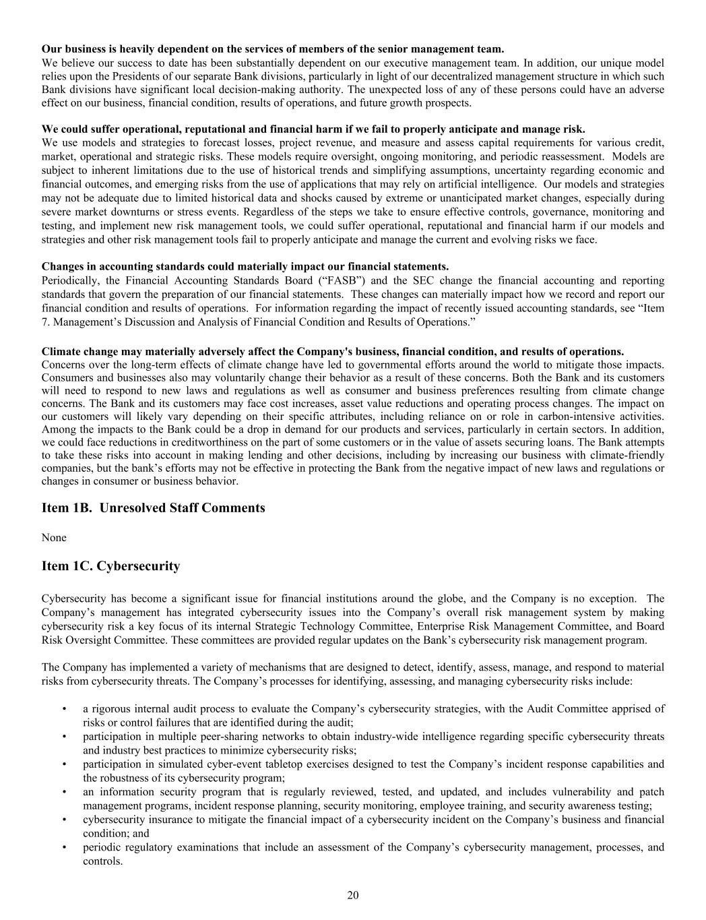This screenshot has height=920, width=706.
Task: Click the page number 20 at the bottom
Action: [x=353, y=895]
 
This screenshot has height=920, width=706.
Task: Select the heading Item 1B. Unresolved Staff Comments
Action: [x=153, y=508]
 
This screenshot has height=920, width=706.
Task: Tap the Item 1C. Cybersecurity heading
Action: [x=110, y=566]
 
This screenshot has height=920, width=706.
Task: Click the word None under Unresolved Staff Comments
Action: [x=54, y=537]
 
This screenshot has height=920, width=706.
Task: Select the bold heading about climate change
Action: [x=332, y=351]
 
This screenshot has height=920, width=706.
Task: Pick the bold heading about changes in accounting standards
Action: [x=245, y=266]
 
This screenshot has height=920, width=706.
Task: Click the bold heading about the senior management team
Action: [x=272, y=49]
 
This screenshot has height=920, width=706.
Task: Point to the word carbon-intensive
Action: [x=574, y=416]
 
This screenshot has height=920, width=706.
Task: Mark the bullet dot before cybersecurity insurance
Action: [x=64, y=820]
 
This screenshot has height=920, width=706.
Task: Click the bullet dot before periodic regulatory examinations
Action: [x=64, y=847]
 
